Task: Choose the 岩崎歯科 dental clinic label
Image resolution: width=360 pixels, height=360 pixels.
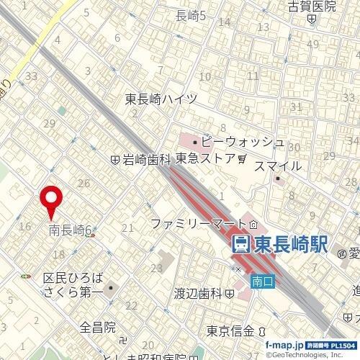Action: coord(144,160)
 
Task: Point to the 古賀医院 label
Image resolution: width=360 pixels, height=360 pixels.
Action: coord(312,6)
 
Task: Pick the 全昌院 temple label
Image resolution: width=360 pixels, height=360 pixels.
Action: coord(98,328)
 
